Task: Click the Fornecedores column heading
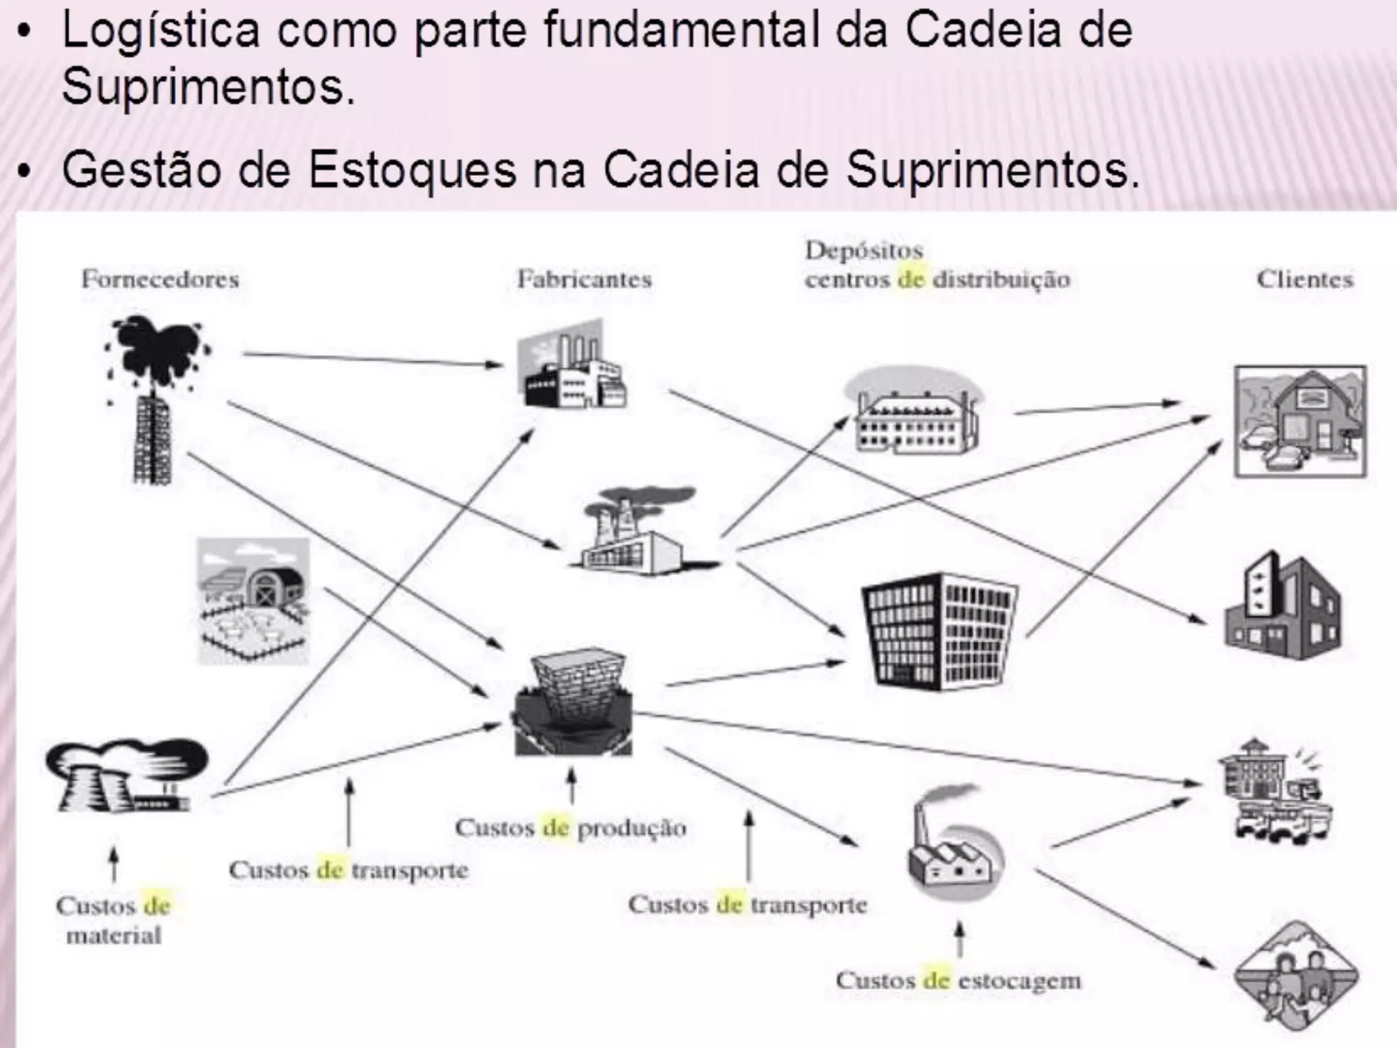point(160,279)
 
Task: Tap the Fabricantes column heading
point(585,279)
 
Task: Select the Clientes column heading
point(1305,279)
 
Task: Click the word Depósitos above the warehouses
point(864,250)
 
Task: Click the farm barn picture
point(253,600)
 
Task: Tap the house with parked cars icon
point(1299,422)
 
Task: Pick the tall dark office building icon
point(939,631)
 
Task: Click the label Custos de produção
point(570,828)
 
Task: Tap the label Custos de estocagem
point(958,980)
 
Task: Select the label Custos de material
point(113,920)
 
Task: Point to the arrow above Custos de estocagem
point(959,940)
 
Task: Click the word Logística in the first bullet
point(161,31)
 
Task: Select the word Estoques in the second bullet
point(412,170)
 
